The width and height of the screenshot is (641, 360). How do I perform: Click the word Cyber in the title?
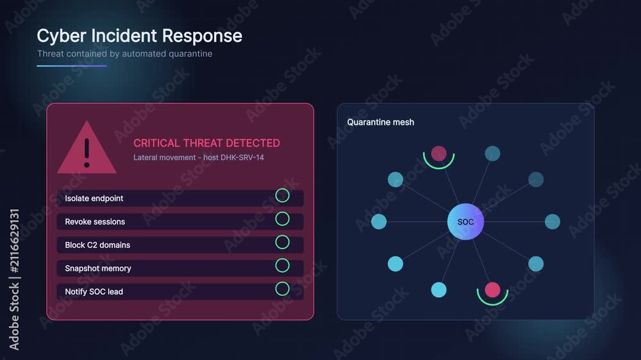62,37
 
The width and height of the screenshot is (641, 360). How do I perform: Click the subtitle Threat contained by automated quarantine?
125,54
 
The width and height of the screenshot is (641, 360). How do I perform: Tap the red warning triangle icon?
87,148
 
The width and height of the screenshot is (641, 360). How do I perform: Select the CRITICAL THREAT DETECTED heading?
206,143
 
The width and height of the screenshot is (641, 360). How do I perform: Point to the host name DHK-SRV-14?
242,158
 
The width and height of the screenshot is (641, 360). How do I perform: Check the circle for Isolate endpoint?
283,195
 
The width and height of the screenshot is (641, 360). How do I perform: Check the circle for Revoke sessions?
283,218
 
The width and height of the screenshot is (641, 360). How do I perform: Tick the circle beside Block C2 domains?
283,242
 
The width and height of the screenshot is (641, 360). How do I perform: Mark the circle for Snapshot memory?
283,265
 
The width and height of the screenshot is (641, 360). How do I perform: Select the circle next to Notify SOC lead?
283,288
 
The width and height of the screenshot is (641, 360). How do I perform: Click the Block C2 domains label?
97,245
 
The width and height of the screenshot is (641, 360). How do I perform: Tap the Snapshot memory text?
98,268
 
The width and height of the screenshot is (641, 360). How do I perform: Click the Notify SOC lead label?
94,291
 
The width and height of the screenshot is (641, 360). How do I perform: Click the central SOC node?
465,222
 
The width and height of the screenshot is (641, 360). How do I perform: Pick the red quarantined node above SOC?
438,154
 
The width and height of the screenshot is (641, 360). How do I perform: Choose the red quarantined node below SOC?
492,290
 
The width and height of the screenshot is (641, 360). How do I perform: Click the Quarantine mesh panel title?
381,122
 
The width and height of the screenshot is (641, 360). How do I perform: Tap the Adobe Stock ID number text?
14,241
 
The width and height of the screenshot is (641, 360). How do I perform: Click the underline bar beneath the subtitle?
72,65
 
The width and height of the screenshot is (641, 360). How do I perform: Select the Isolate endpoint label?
94,198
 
